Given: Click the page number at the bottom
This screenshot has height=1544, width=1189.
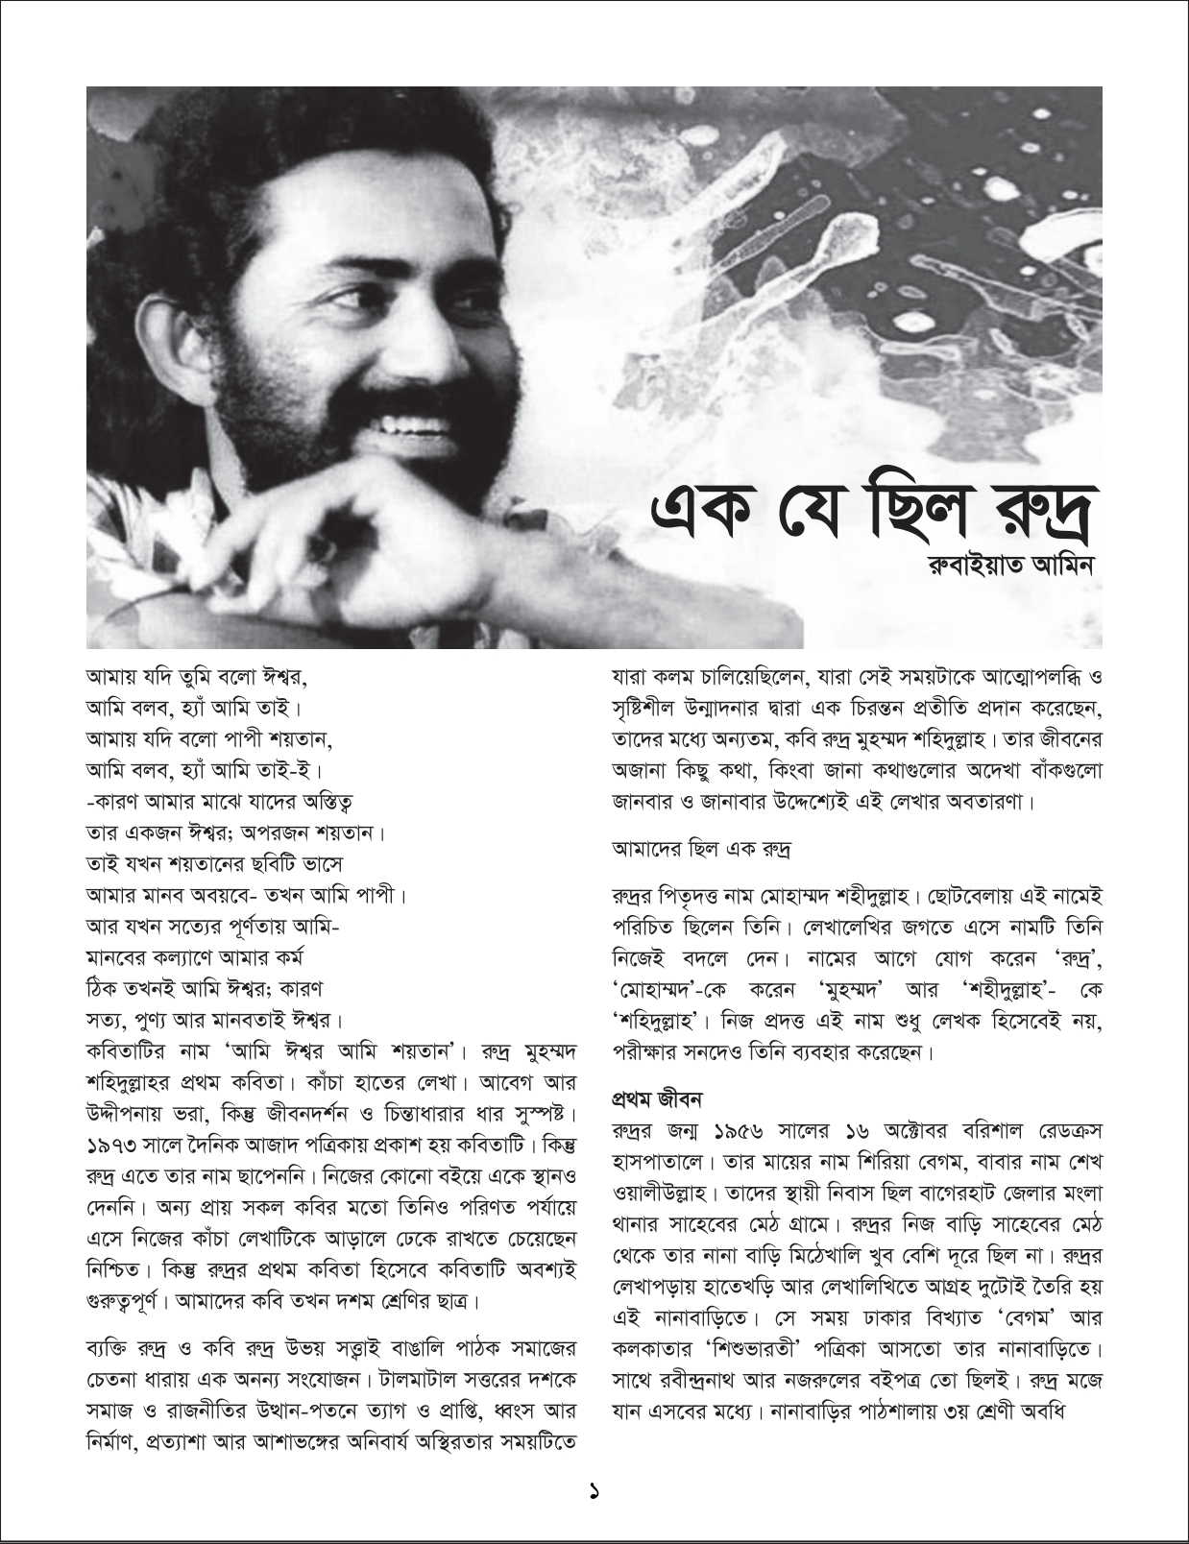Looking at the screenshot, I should pyautogui.click(x=594, y=1491).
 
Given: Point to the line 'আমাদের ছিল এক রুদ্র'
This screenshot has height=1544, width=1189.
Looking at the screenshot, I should pyautogui.click(x=700, y=849).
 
